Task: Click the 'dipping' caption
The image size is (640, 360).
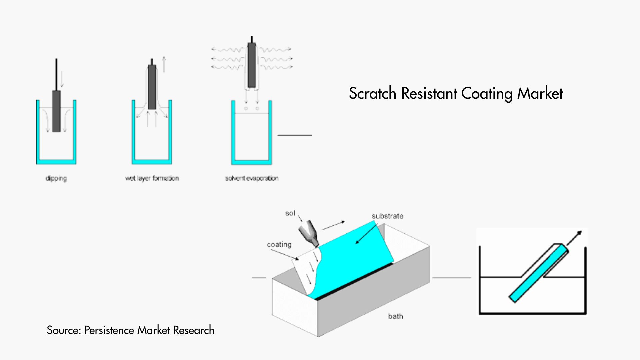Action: point(56,178)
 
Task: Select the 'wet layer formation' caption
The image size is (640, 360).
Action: point(152,178)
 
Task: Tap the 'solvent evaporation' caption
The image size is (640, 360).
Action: point(252,178)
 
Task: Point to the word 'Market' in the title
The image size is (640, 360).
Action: point(540,93)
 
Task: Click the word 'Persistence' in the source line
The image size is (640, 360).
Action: point(109,330)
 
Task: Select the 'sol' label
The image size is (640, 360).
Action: point(290,213)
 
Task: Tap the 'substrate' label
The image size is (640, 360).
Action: point(387,216)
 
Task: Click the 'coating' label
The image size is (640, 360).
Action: point(279,245)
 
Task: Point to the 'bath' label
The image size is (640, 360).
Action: point(395,316)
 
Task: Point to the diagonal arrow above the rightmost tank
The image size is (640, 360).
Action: point(574,238)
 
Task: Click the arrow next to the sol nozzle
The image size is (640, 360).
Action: point(333,226)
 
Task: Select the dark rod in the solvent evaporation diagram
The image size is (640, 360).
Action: point(252,65)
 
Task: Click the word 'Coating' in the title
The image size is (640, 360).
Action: point(487,93)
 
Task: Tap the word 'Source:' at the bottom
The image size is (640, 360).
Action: point(64,330)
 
